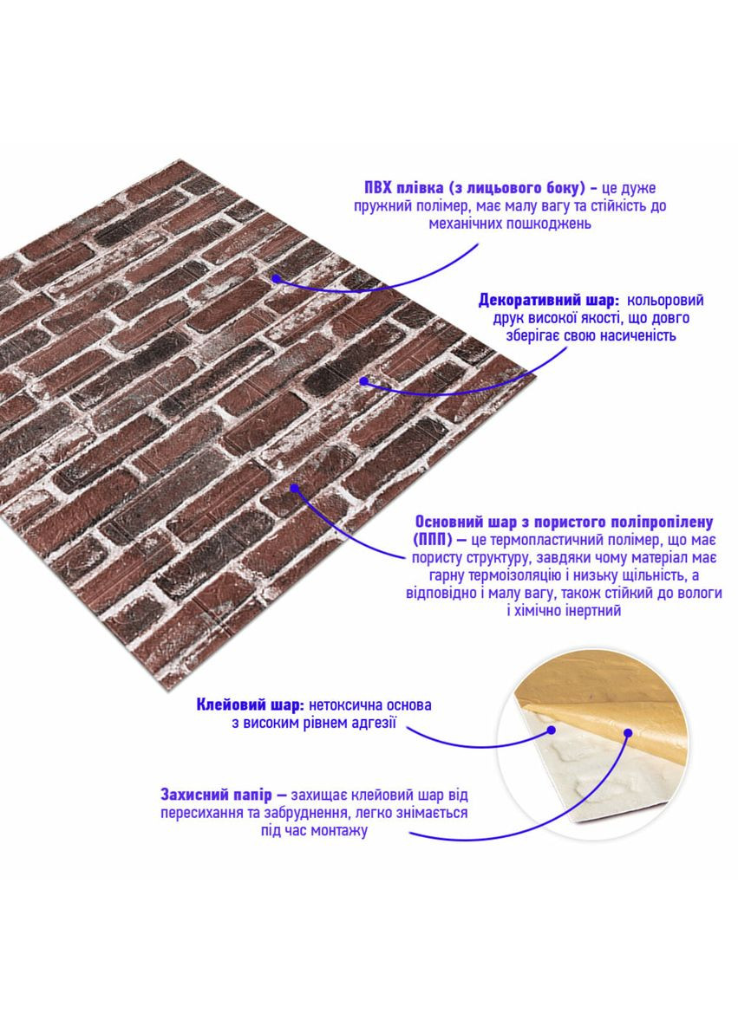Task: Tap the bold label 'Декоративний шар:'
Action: point(549,301)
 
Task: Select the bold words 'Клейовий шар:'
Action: point(250,705)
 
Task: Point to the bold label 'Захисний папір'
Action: point(216,795)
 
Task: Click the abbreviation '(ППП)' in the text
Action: point(433,540)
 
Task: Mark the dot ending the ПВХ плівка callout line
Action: point(277,278)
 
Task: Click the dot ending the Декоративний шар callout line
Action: point(364,380)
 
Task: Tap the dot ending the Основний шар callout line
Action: point(295,488)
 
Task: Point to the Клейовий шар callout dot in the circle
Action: point(552,729)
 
